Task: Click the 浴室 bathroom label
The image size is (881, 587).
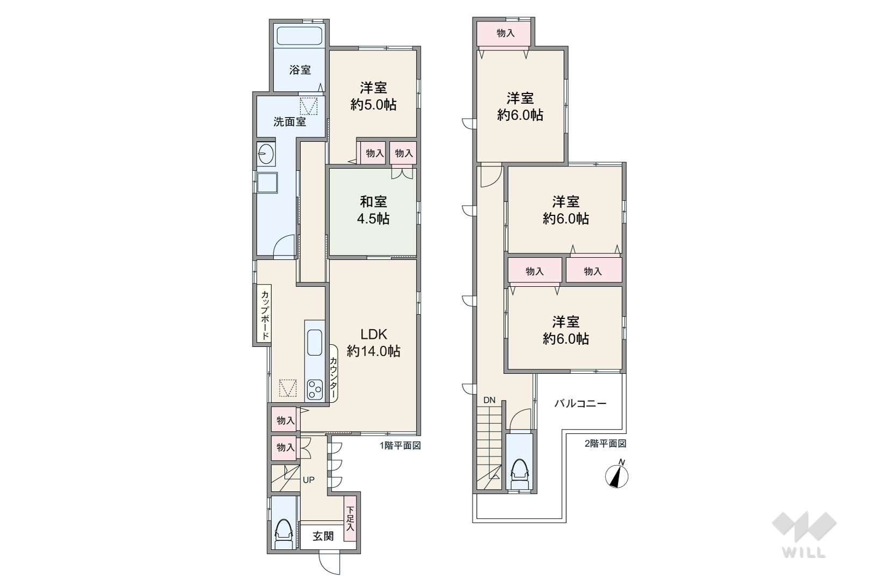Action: [x=300, y=70]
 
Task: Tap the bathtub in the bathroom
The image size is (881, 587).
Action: [x=300, y=36]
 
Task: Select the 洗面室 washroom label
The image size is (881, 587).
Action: [x=290, y=122]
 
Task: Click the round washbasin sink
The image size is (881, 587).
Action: [x=266, y=154]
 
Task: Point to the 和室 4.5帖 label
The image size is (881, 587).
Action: [x=373, y=210]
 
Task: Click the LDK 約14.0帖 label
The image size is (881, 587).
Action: [x=373, y=342]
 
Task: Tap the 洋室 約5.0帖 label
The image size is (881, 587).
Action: [x=373, y=96]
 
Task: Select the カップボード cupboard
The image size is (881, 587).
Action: [x=264, y=315]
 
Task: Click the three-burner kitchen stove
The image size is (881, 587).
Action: [x=315, y=389]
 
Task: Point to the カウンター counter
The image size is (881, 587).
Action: [x=333, y=373]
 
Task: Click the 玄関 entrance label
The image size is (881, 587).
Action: [x=323, y=536]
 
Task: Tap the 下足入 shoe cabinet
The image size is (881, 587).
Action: [x=349, y=519]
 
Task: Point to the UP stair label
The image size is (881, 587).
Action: [x=309, y=480]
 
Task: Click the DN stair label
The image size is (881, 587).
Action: [x=489, y=400]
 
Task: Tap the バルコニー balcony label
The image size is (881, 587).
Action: [x=581, y=403]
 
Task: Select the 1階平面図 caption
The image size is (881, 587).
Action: [x=400, y=446]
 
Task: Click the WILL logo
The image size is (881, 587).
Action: [x=804, y=534]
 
